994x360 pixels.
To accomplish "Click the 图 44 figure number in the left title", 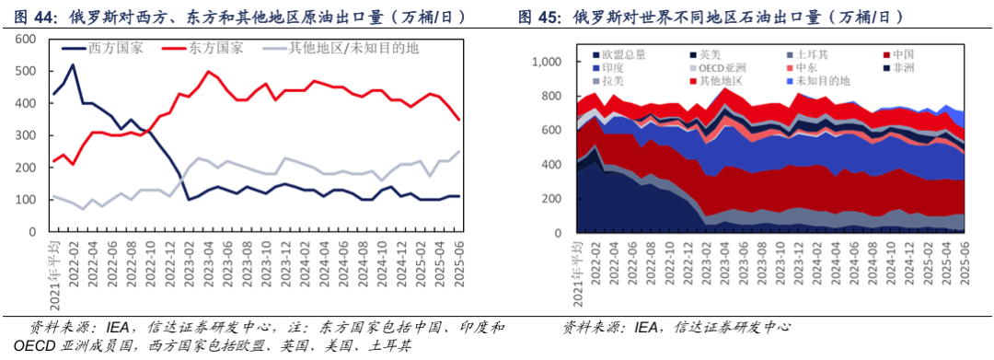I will [x=33, y=16].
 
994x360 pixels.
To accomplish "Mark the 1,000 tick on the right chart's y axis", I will [x=543, y=62].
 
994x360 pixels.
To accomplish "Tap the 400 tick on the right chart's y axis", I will [x=549, y=165].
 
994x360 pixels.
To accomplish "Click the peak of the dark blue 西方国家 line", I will [x=73, y=64].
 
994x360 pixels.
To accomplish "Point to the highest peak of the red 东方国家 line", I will [x=208, y=71].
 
